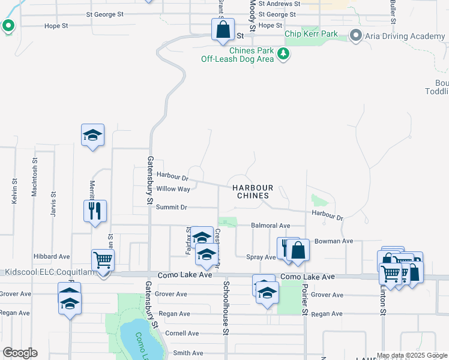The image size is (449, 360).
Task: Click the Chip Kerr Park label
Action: coord(312,34)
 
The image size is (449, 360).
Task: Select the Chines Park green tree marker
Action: coord(283,55)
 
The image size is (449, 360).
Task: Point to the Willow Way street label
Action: coord(173,189)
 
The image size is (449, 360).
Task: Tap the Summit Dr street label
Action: coord(172,208)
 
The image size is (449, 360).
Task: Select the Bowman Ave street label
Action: coord(338,241)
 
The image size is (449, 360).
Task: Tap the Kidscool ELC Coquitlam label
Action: coord(47,272)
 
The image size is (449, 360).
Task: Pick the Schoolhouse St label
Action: coord(226,304)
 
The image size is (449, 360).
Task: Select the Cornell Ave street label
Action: coord(182,333)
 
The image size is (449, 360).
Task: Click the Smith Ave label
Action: coord(185,353)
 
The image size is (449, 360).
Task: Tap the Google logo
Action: coord(20,353)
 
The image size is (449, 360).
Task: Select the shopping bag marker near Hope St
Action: coord(223,29)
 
